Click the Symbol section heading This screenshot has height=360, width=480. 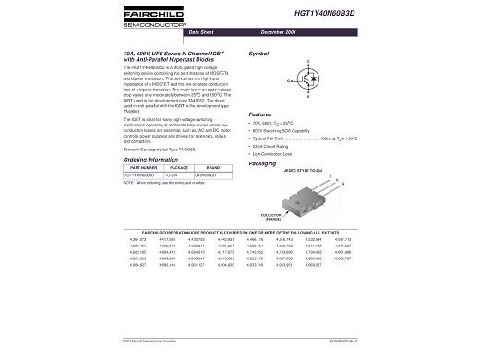point(259,55)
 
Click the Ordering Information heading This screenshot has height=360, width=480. point(150,159)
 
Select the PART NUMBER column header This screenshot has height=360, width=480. point(138,167)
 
